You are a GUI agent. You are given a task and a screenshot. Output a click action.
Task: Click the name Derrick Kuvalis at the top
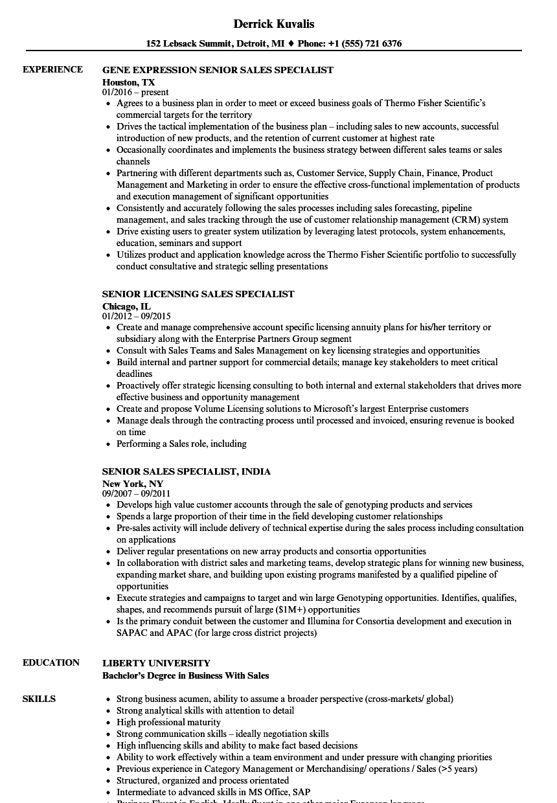tap(273, 24)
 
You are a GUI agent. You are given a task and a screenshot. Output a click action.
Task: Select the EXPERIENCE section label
tap(52, 69)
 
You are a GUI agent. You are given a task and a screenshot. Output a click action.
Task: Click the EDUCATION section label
tap(51, 662)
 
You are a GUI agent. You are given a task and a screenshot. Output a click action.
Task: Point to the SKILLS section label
tap(39, 699)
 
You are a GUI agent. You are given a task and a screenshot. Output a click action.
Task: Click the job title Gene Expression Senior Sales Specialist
tap(218, 70)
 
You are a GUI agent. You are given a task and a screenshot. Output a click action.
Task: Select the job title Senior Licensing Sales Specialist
tap(198, 294)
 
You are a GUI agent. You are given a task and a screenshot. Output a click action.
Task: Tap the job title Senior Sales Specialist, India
tap(187, 471)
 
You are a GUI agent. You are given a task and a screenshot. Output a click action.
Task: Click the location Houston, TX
tap(129, 82)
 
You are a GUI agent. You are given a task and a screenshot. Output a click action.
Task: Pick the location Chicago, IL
tap(127, 306)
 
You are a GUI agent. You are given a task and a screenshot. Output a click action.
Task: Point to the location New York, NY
tap(133, 484)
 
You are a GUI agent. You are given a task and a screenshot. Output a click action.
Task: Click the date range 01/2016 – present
tap(135, 93)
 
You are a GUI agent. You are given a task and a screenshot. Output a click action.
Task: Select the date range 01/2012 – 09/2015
tap(137, 317)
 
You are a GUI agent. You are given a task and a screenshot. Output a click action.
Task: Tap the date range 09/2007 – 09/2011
tap(137, 494)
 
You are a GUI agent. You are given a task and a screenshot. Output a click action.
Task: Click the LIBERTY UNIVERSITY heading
tap(156, 663)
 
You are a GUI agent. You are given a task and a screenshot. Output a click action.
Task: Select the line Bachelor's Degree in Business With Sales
tap(185, 675)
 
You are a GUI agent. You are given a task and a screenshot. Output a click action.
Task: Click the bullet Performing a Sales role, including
tap(181, 444)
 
